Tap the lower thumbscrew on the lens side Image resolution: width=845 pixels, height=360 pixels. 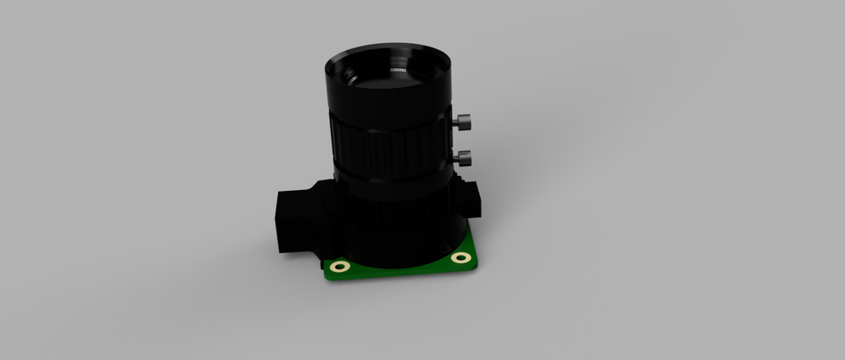[463, 158]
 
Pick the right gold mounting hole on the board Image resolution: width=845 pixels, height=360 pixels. [461, 258]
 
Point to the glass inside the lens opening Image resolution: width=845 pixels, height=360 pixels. [387, 75]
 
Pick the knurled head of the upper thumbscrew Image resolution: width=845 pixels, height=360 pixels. [466, 123]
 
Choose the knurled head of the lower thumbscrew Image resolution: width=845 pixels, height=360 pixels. [467, 158]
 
